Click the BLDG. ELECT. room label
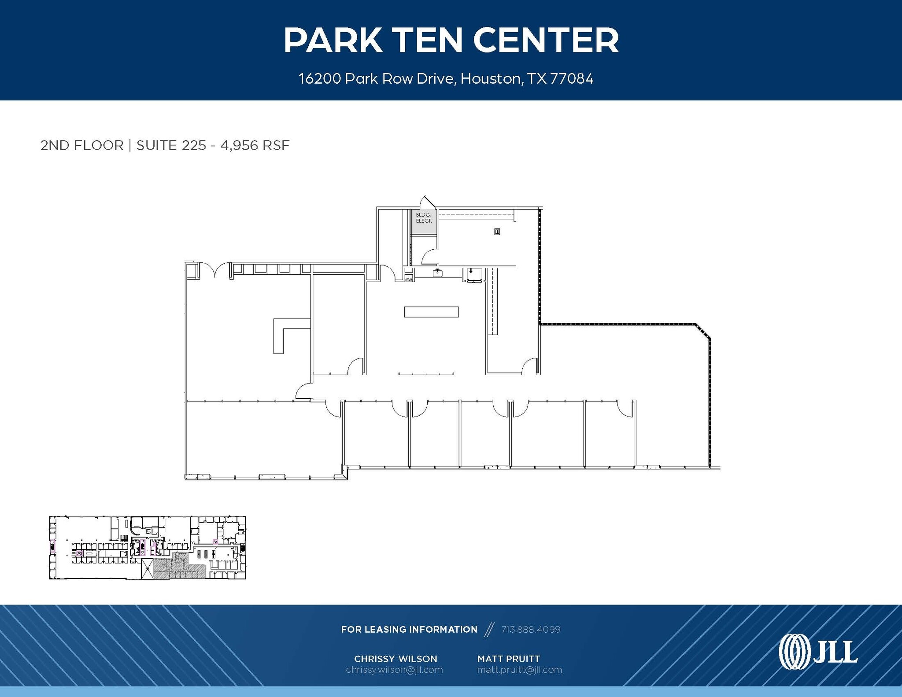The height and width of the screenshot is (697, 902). pos(424,218)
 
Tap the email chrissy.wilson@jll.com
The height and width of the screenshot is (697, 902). pos(394,670)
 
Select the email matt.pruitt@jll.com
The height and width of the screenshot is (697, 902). pos(520,670)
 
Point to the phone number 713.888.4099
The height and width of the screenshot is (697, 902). pos(531,630)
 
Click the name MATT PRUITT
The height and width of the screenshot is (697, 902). pos(509,659)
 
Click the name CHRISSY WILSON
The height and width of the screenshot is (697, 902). pos(396,659)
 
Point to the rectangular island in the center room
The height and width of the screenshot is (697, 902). pos(431,312)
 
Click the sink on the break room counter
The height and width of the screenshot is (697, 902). pos(437,273)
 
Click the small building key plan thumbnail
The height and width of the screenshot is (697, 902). pos(147,547)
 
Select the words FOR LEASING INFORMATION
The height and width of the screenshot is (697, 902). pos(409,630)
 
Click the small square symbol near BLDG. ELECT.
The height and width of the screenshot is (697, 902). pos(497,232)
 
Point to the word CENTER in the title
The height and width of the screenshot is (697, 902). pos(546,41)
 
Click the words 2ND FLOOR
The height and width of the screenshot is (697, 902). pos(82,145)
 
